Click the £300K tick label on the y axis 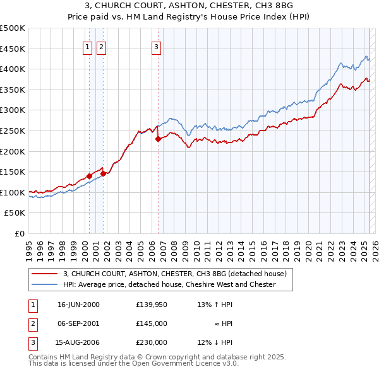(13, 110)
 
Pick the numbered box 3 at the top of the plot (156, 45)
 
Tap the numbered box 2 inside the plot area (101, 45)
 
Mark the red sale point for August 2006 (158, 139)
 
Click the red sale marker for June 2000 (89, 176)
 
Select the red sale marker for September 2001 (103, 174)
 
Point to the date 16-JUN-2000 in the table (78, 305)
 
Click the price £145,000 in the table (151, 323)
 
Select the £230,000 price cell (151, 342)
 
